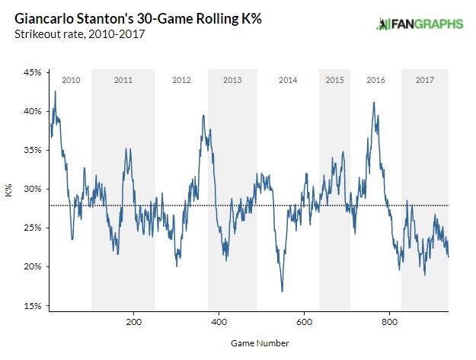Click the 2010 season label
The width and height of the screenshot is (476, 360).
71,80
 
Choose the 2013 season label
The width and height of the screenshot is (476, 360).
232,80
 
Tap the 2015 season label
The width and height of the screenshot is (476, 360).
334,80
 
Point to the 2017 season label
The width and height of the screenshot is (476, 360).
424,80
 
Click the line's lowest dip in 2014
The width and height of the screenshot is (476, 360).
282,291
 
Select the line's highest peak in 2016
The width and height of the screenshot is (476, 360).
373,102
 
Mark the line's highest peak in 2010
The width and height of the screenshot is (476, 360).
55,91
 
